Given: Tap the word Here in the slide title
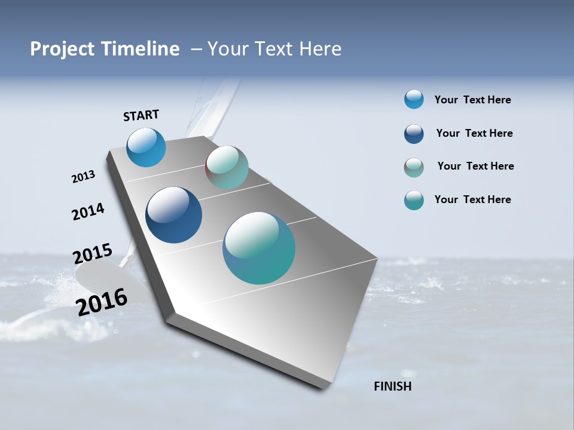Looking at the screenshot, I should coord(320,49).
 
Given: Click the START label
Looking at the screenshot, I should coord(141,115).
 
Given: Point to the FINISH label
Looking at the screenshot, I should coord(393,386).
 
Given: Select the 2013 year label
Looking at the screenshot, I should coord(83,177).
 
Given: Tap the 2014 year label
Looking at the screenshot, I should coord(88,211).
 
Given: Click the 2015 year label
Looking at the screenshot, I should coord(92,254).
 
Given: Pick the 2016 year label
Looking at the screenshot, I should coord(102,302).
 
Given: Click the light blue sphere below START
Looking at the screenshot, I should coord(146,147).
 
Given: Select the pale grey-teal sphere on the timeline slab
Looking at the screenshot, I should coord(227,167).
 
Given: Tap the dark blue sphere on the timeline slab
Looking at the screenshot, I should coord(173,215).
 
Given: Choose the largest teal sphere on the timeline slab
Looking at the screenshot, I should coord(259,248).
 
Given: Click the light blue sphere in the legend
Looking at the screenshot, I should coord(414,99).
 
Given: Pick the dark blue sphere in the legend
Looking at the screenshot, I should coord(414,134).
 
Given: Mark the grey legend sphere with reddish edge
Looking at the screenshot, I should coord(414,167).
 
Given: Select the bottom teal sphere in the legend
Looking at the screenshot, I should coord(414,200).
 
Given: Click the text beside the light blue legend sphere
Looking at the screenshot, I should coord(472,100).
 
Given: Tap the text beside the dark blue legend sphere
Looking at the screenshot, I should coord(474,133).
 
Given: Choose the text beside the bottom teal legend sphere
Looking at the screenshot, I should coord(472,199).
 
